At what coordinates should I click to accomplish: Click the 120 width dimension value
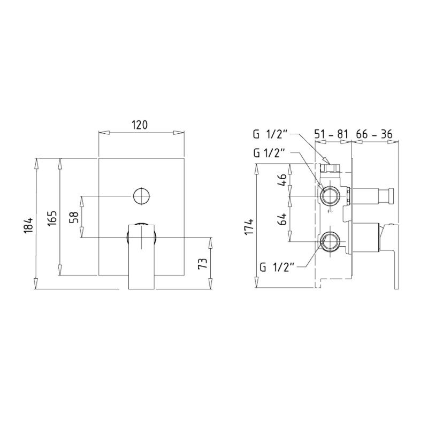[x=140, y=125]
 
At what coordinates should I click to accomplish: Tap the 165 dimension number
[x=52, y=218]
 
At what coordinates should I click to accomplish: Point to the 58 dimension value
[x=74, y=218]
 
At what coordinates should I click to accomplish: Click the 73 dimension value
[x=203, y=263]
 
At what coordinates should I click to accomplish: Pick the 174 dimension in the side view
[x=249, y=226]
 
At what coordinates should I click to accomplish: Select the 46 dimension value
[x=283, y=180]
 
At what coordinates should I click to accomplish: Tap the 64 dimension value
[x=283, y=219]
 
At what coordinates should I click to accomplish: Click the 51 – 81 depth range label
[x=331, y=134]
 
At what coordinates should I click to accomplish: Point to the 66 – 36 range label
[x=374, y=134]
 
